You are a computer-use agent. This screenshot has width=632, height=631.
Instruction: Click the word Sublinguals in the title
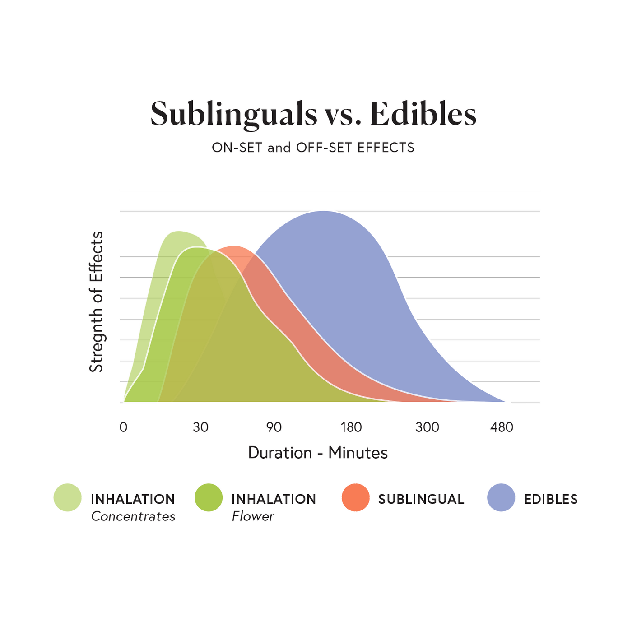[234, 114]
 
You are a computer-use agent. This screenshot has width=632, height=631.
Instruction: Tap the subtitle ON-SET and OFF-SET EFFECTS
[313, 148]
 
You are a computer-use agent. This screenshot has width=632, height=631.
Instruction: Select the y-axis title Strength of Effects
[96, 302]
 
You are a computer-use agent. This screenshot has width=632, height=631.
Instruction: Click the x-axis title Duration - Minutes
[317, 452]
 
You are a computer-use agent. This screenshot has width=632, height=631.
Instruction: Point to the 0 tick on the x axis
[123, 427]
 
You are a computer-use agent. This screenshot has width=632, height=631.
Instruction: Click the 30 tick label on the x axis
[200, 427]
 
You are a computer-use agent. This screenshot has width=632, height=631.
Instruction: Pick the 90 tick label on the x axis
[274, 427]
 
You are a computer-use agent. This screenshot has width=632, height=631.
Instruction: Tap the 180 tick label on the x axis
[351, 427]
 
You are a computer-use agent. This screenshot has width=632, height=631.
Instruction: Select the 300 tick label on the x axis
[427, 427]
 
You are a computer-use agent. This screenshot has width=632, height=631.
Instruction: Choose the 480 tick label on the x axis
[502, 427]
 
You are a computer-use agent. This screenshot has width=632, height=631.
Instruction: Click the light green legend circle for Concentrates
[67, 497]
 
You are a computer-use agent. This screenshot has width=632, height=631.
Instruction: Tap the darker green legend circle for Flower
[209, 497]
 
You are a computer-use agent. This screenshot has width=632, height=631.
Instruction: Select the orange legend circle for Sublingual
[356, 497]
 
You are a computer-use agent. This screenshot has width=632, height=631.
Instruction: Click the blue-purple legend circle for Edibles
[501, 497]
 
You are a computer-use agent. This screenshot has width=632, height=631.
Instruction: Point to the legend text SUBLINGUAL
[421, 499]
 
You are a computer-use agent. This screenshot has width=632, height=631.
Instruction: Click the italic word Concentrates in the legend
[133, 516]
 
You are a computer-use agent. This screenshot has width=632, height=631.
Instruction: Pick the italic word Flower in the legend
[253, 516]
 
